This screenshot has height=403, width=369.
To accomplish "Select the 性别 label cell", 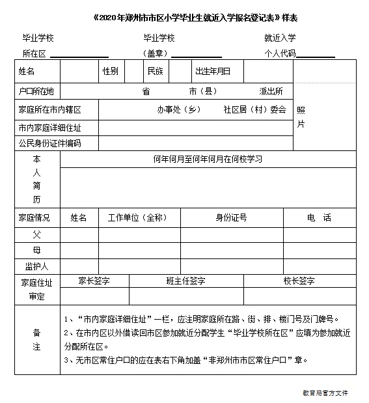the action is pos(110,71).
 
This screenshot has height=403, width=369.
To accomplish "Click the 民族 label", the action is pos(155,71).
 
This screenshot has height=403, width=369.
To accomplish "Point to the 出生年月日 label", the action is pos(213,71).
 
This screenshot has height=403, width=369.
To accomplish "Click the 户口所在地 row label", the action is pos(37,91).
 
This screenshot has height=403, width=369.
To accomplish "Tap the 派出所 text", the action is pos(271,91).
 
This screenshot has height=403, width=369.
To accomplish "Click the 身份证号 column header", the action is pos(231,217).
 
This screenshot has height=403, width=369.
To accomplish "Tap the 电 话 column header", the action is pos(319,217).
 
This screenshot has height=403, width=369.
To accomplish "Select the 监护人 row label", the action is pos(36,266).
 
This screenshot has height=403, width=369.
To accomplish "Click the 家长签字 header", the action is pos(94,281).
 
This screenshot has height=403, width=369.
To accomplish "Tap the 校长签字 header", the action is pos(299,281).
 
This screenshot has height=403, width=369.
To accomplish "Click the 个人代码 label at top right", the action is pos(280,53).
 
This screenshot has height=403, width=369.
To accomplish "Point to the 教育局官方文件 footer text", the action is pos(325,393).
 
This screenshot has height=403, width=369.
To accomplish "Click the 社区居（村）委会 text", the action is pos(254,109).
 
